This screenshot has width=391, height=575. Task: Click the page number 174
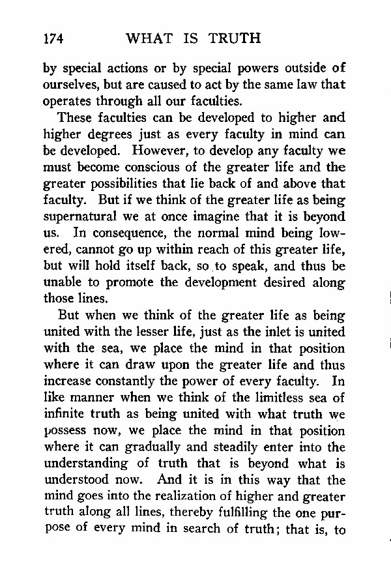(x=53, y=38)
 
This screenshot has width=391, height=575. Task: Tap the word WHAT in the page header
(x=148, y=38)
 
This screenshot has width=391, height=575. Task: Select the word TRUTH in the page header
(x=234, y=38)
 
